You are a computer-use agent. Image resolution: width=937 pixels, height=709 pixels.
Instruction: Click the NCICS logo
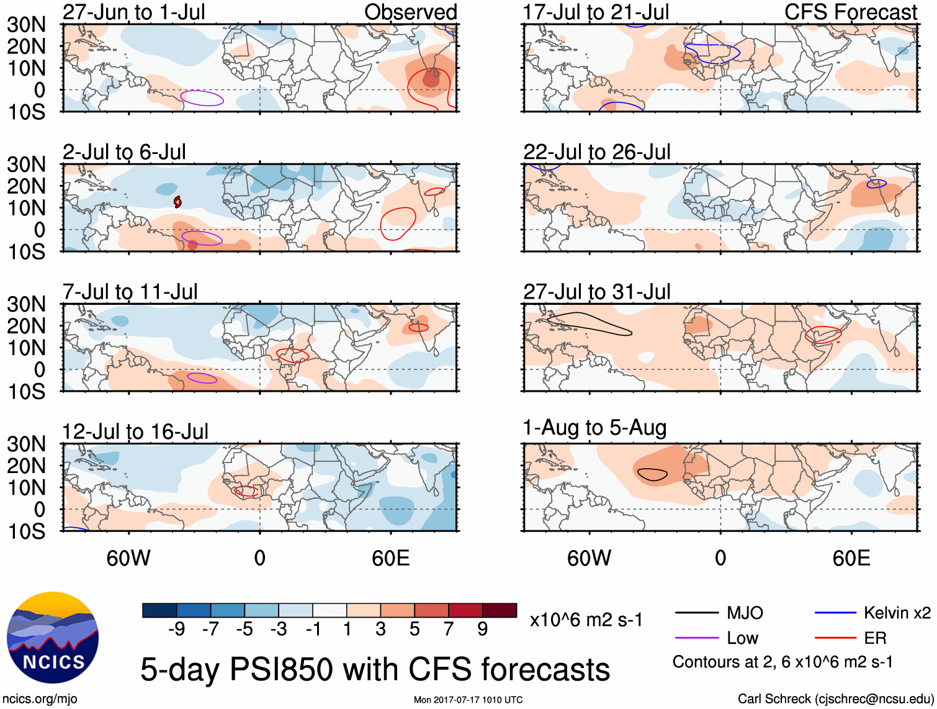coord(53,638)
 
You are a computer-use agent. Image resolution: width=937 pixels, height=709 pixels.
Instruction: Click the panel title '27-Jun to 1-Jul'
coord(133,12)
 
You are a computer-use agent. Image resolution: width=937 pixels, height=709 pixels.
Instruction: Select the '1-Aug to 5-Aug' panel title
coord(594,428)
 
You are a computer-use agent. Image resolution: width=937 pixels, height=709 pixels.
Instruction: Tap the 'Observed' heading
coord(410,12)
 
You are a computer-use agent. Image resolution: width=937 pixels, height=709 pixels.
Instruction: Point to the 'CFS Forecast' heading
coord(850,12)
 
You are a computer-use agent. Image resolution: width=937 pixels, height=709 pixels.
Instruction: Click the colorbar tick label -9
coord(176,630)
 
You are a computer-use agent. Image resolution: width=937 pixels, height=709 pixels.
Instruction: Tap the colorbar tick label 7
coord(449,630)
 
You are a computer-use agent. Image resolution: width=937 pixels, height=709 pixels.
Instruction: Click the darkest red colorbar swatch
coord(500,610)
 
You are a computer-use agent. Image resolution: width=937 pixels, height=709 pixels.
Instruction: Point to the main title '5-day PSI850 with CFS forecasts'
coord(375,670)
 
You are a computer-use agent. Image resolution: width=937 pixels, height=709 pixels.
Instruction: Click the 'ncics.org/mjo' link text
coord(40,699)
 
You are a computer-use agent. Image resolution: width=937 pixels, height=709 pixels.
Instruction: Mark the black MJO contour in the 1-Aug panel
coord(652,474)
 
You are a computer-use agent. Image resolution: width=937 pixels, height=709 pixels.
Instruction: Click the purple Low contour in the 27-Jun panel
coord(202,98)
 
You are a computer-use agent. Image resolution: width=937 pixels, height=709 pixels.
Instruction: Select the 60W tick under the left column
coord(128,558)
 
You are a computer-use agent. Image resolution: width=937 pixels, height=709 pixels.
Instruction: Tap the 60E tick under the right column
coord(851,558)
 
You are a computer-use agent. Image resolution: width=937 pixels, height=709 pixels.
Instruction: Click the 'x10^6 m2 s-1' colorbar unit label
coord(586,620)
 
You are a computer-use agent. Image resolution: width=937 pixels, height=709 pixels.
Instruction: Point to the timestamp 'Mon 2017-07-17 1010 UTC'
coord(468,700)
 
